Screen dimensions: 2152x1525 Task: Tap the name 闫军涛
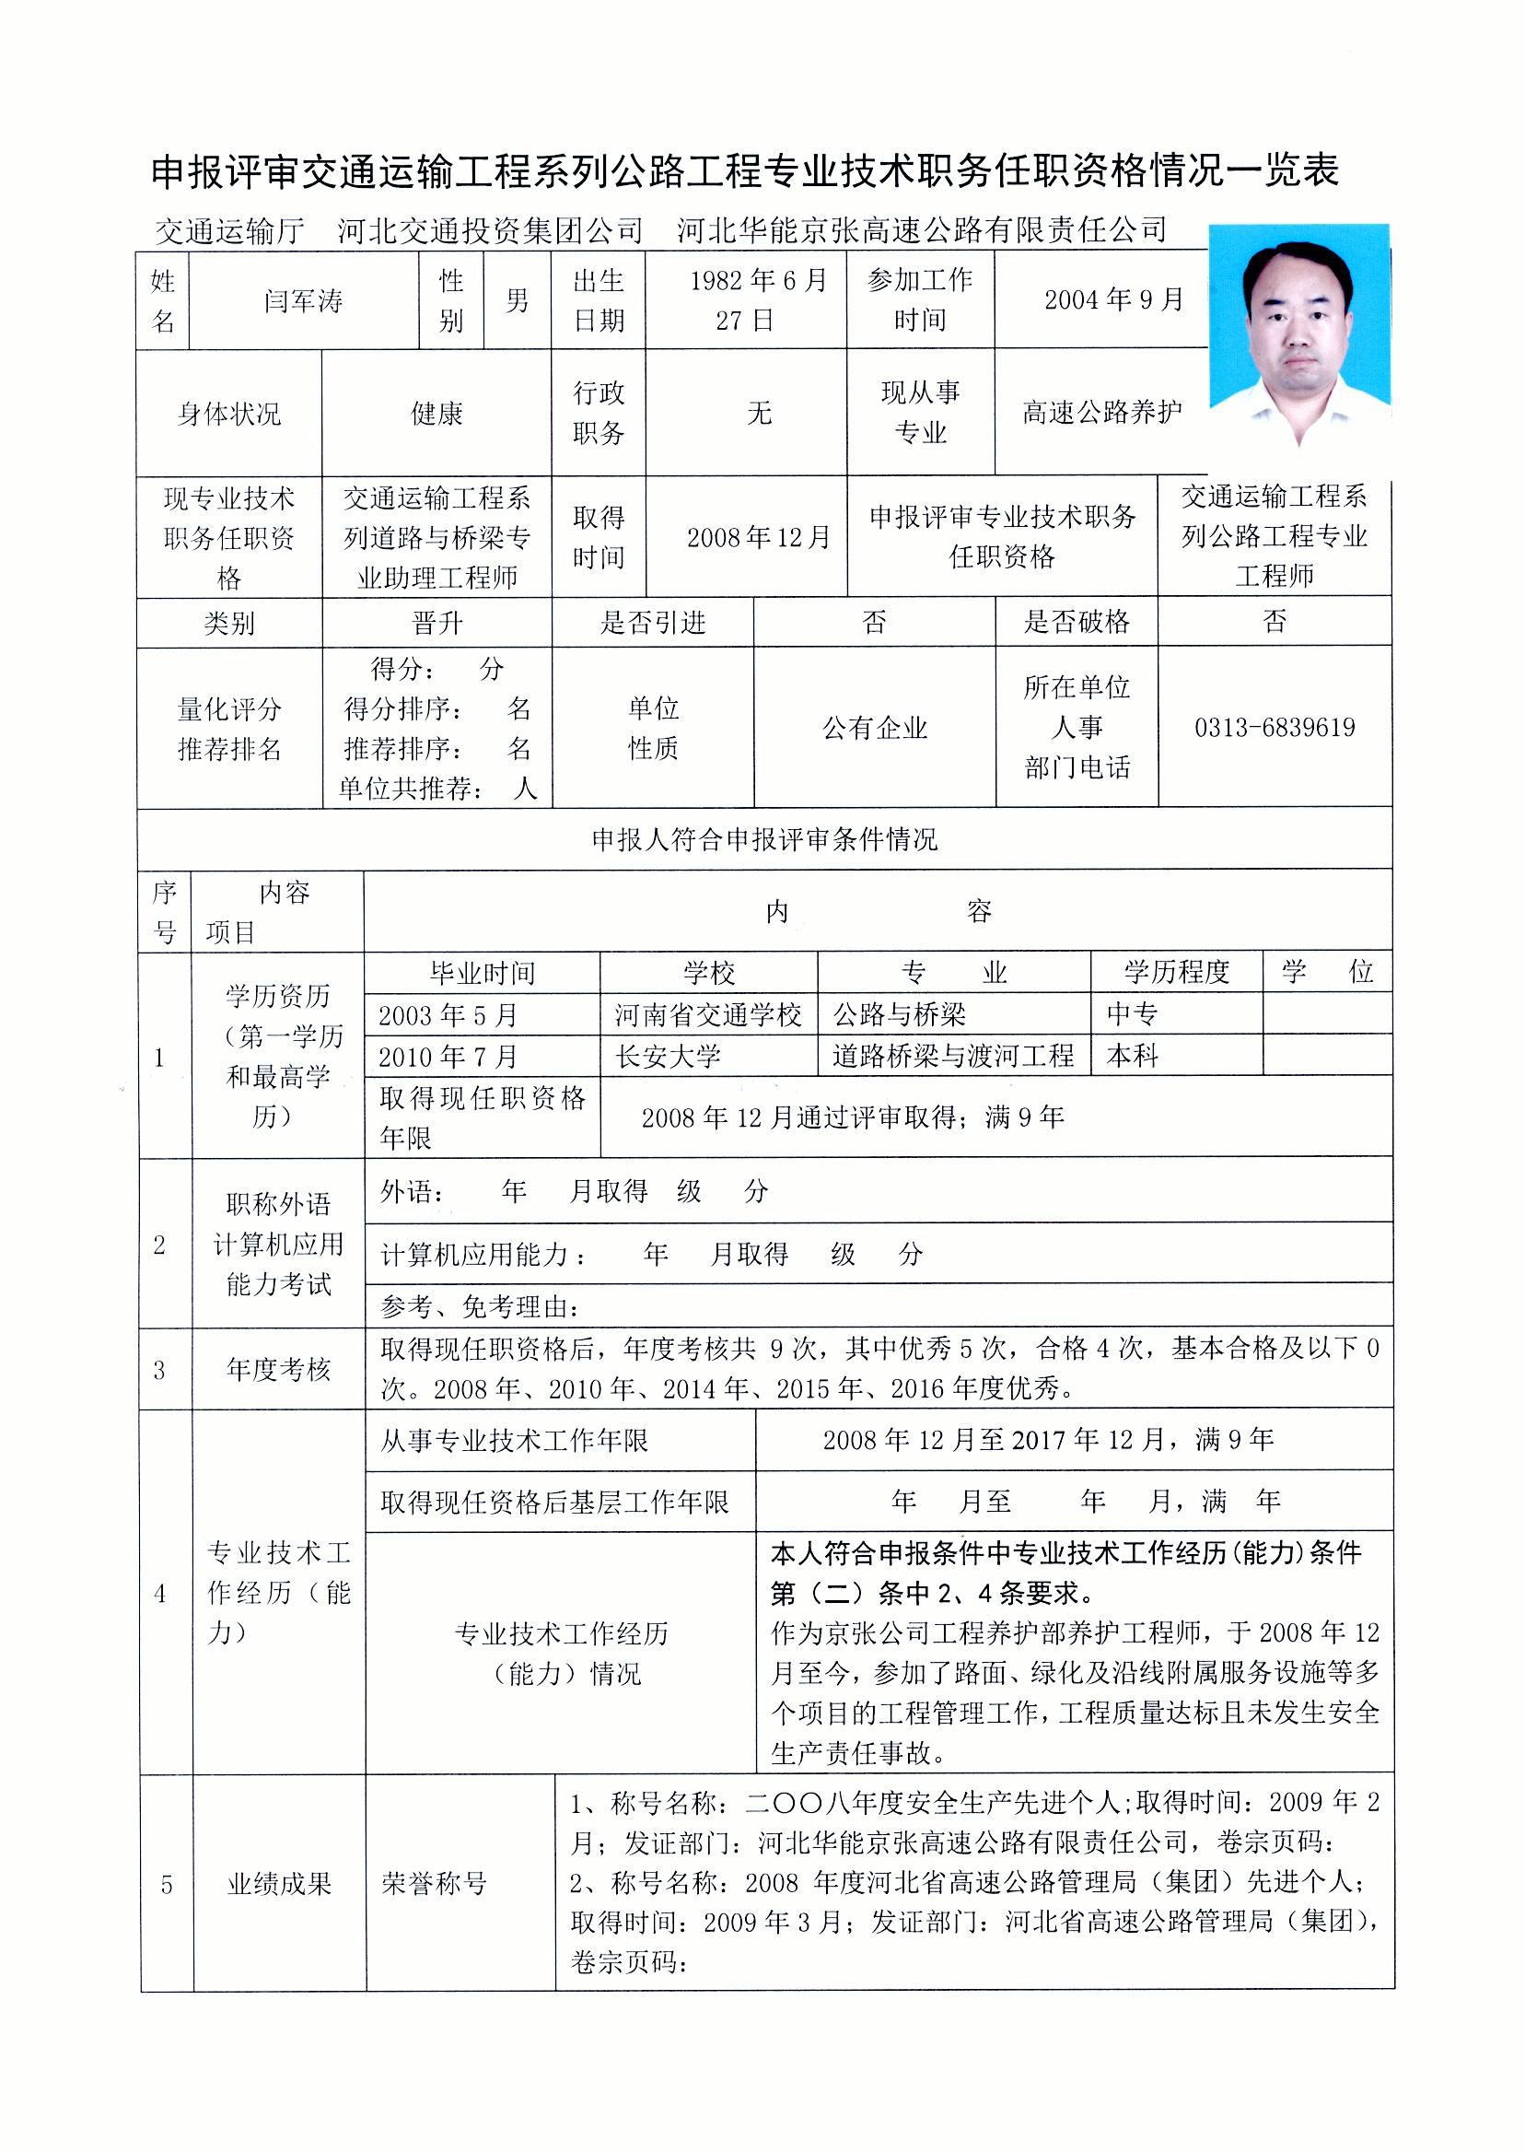303,301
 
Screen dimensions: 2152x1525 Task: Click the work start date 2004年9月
1113,299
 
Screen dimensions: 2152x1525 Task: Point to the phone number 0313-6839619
1275,727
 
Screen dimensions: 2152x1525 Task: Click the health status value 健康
437,414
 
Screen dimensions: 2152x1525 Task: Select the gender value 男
518,300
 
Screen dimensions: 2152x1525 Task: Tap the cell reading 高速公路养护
1101,413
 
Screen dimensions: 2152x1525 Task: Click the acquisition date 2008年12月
759,537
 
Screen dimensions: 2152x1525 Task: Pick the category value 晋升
437,623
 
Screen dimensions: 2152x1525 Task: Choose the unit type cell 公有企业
874,727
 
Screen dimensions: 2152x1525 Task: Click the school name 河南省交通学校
708,1014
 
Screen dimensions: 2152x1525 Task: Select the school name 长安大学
669,1057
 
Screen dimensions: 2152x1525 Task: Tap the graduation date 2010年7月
448,1057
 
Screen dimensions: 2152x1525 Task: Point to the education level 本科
1133,1057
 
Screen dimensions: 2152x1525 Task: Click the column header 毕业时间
482,973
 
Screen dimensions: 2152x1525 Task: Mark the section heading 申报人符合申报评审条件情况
764,839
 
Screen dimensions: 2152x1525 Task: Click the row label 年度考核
278,1370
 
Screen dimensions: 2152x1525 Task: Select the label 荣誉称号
434,1883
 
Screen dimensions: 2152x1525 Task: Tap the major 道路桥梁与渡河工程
952,1057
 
